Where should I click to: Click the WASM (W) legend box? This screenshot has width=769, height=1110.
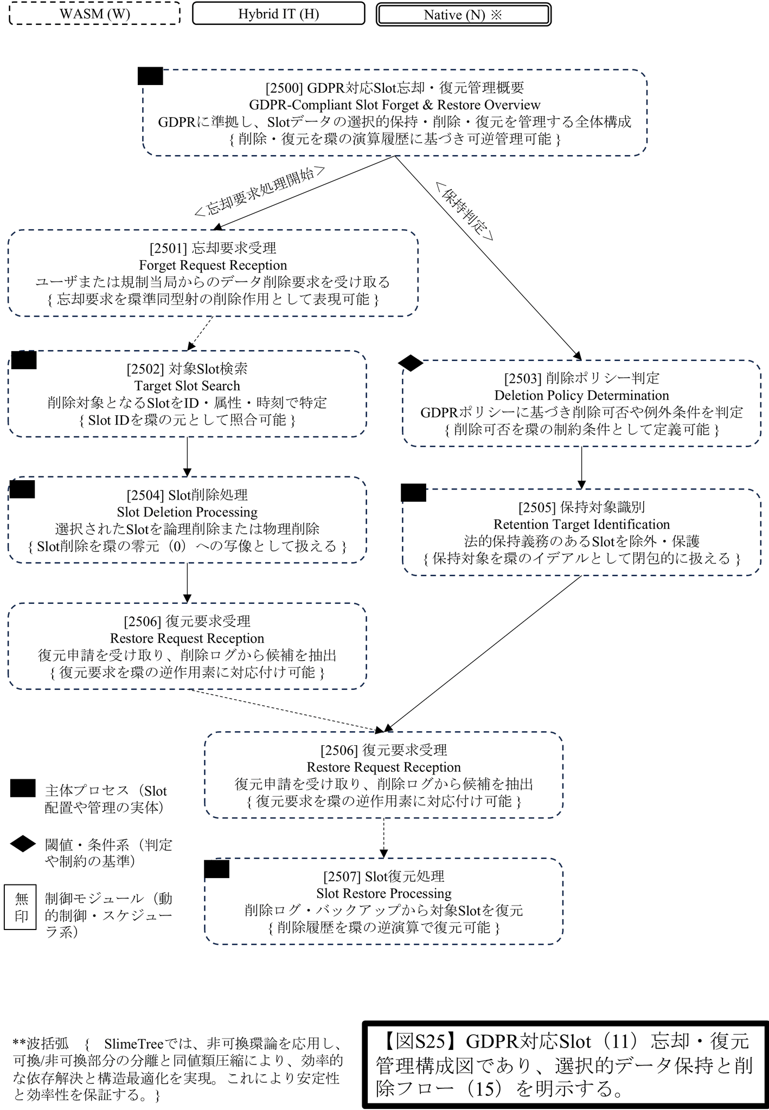tap(95, 14)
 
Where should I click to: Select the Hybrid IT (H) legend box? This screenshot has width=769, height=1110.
tap(278, 14)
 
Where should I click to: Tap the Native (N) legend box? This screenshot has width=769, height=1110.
tap(464, 15)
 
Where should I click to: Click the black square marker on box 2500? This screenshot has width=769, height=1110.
tap(150, 76)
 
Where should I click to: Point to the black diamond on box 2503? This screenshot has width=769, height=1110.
tap(411, 363)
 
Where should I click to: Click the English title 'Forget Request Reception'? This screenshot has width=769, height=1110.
tap(213, 265)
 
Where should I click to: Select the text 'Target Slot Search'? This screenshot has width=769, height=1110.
tap(187, 386)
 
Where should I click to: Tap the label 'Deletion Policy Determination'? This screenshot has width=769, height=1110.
tap(581, 395)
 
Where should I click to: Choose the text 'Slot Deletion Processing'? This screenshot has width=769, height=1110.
tap(187, 512)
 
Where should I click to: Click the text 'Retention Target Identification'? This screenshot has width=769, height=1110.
tap(581, 524)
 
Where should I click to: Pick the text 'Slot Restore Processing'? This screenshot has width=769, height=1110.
tap(384, 893)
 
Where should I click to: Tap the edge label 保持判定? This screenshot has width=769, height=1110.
tap(464, 210)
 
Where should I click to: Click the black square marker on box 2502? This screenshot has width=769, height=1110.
tap(24, 360)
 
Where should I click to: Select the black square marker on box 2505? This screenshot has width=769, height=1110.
tap(413, 493)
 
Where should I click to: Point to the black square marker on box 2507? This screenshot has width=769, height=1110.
tap(217, 869)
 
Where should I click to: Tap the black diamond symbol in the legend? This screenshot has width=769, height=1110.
tap(23, 844)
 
